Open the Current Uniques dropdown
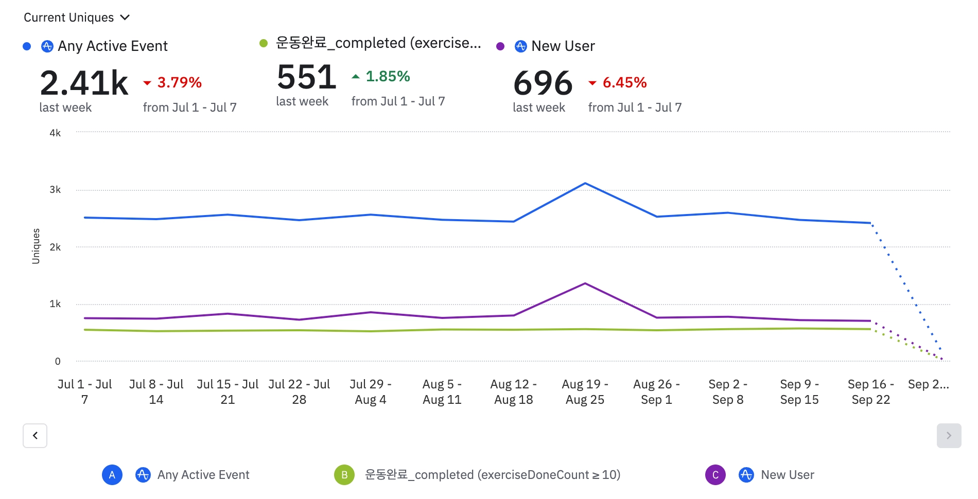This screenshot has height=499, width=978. point(77,17)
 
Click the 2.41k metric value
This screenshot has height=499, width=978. point(84,83)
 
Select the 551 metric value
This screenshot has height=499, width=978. point(306,77)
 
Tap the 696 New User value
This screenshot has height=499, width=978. point(543,83)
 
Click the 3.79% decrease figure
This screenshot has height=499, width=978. point(179,82)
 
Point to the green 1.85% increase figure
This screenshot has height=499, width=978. point(388,76)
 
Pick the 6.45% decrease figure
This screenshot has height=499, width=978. point(624,82)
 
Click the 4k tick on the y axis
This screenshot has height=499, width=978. point(55,133)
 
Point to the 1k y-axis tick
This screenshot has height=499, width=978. point(55,304)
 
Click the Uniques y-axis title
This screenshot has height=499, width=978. point(36,246)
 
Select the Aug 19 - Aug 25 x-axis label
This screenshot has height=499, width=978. point(585,392)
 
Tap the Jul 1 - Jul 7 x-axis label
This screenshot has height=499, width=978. point(84,392)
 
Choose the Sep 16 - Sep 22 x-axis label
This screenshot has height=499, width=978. point(870,392)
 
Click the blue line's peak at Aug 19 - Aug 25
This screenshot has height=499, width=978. point(585,184)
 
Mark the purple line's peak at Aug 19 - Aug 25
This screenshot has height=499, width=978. point(585,283)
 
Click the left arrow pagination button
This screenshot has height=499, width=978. point(35,436)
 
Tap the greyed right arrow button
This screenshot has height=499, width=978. point(949,436)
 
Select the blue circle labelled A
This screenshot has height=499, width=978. point(112,475)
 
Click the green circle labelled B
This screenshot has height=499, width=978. point(344,475)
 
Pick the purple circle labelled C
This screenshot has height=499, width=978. point(715,475)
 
